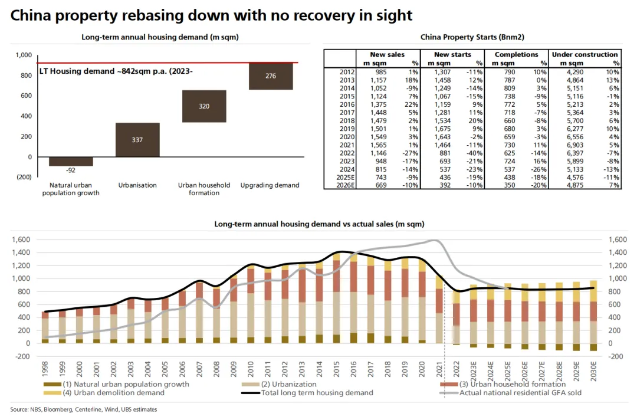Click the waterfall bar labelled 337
point(137,140)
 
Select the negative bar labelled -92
point(71,162)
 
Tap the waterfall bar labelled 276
point(271,76)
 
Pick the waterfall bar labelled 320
point(204,106)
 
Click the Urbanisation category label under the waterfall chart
point(137,185)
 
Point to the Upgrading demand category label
point(270,185)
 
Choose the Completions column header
point(516,54)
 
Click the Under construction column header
point(585,54)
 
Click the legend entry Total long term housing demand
point(317,392)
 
